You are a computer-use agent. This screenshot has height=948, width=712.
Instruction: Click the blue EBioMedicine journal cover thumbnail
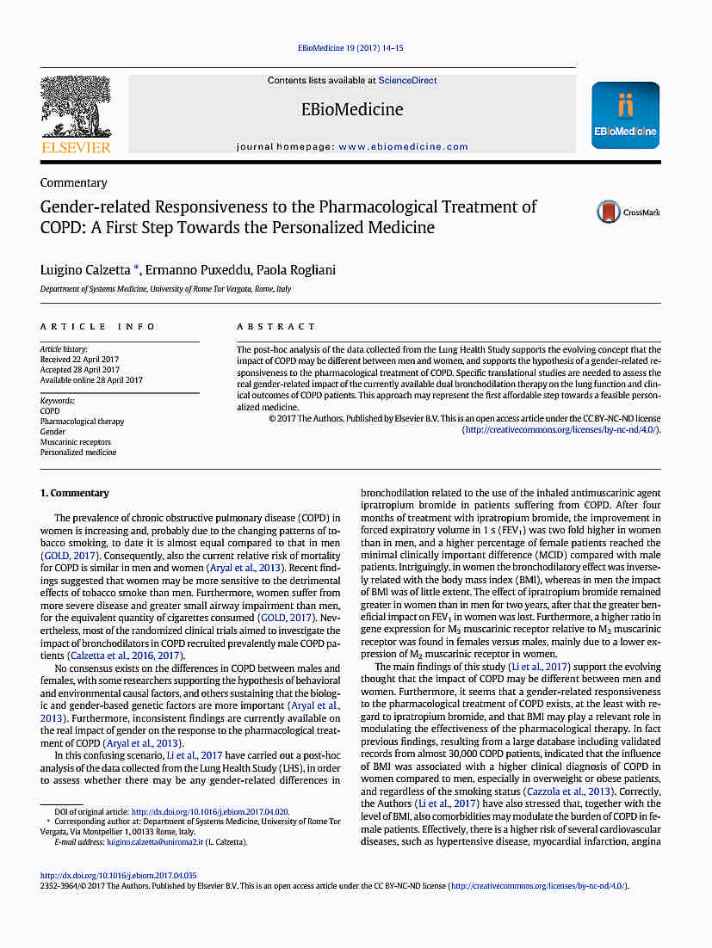pos(625,115)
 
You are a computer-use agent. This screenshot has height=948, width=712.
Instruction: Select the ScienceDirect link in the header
pos(407,81)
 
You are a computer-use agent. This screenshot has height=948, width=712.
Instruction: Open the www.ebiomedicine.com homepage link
pos(403,147)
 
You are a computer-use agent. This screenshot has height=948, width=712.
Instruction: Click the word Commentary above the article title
pos(74,183)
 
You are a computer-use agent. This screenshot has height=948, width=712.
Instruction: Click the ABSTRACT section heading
pos(276,327)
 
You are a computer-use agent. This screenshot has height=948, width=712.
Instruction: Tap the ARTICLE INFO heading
pos(98,327)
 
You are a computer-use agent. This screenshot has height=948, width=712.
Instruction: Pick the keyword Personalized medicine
pos(78,452)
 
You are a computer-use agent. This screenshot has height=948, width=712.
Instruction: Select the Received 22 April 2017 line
pos(79,360)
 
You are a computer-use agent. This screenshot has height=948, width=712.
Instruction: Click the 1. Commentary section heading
pos(75,494)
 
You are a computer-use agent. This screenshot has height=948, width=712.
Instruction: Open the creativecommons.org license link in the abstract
pos(560,429)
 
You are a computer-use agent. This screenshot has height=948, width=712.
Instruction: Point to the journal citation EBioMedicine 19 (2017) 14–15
pos(351,49)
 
